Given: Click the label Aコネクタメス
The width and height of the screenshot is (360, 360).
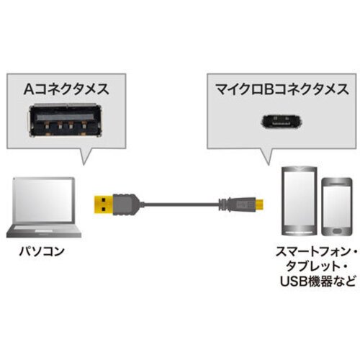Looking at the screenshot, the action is pos(66,89).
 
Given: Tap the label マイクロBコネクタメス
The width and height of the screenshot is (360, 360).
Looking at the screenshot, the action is pos(282,89).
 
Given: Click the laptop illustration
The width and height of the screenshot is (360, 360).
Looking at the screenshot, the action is pos(44,207).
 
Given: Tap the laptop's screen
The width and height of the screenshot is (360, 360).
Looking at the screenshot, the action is pos(44,201).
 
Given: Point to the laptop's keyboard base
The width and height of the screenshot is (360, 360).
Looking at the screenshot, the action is pos(44,230).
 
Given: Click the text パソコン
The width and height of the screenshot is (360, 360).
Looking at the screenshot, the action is pos(42,251).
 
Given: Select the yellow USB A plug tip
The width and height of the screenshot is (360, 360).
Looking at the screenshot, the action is pos(103,204).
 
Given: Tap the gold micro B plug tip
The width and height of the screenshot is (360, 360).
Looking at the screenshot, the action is pos(259,204).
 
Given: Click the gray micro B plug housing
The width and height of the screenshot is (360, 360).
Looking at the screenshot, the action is pos(237,204).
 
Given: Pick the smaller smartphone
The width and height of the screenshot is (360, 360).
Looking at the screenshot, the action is pos(337,207).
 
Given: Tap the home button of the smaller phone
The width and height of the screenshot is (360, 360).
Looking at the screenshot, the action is pos(337,232).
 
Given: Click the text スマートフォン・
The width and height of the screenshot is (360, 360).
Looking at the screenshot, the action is pos(316,252).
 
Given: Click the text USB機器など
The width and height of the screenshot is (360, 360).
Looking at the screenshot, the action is pos(318,282).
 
